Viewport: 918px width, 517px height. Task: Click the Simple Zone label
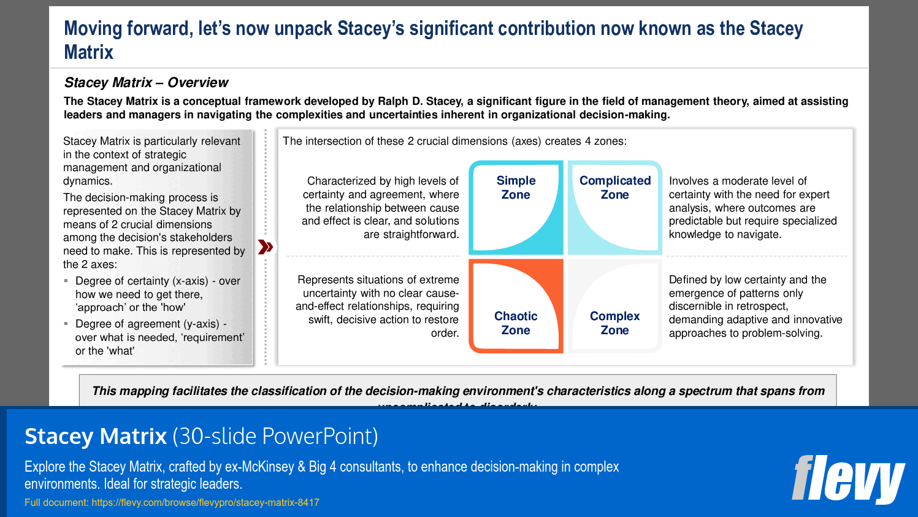click(516, 188)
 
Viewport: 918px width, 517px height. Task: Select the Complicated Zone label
click(614, 188)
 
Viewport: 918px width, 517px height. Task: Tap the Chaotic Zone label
click(516, 323)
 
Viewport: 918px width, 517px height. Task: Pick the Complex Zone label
click(614, 323)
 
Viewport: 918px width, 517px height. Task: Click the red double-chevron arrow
click(266, 247)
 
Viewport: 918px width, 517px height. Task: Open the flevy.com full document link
click(205, 502)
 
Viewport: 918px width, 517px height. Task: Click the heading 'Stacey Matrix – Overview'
click(146, 82)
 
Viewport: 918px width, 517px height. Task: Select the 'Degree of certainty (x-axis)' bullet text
click(142, 281)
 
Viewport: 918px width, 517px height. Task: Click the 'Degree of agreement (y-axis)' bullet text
click(147, 324)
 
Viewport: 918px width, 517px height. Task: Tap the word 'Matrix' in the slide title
click(89, 52)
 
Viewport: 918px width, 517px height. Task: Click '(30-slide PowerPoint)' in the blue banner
click(275, 436)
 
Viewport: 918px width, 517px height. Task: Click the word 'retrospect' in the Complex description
click(759, 306)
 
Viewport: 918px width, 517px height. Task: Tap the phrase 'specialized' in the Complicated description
click(808, 221)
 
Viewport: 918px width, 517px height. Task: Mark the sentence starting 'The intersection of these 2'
click(454, 141)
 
